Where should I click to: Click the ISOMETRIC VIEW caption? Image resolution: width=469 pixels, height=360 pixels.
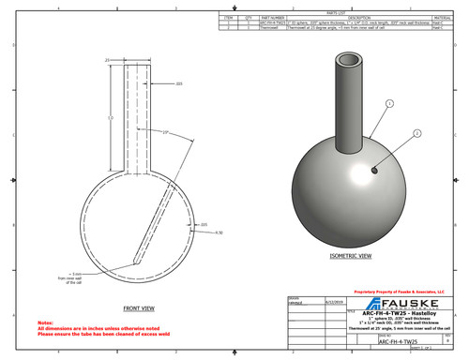[x=346, y=254]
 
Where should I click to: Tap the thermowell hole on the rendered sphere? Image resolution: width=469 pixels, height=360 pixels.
[x=373, y=171]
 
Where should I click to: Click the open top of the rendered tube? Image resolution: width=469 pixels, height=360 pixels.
[x=350, y=60]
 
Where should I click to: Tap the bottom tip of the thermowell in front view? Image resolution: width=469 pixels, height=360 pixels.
[x=138, y=261]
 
